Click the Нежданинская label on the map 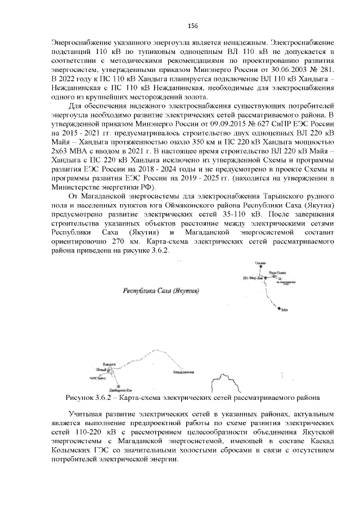tap(184, 372)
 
